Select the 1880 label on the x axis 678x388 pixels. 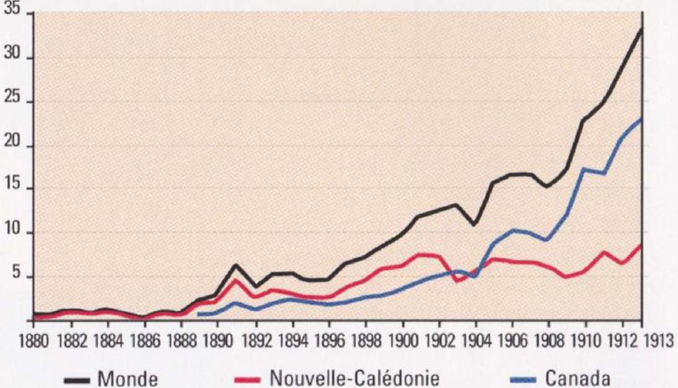(33, 345)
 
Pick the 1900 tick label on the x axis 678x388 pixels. (402, 345)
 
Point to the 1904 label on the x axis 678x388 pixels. (476, 345)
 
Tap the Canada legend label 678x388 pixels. (578, 377)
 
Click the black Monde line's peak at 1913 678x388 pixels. (641, 28)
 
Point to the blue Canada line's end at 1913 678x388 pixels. (641, 119)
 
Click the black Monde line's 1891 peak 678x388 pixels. (236, 265)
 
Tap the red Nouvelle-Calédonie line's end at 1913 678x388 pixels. (641, 245)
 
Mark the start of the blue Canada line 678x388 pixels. (199, 314)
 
